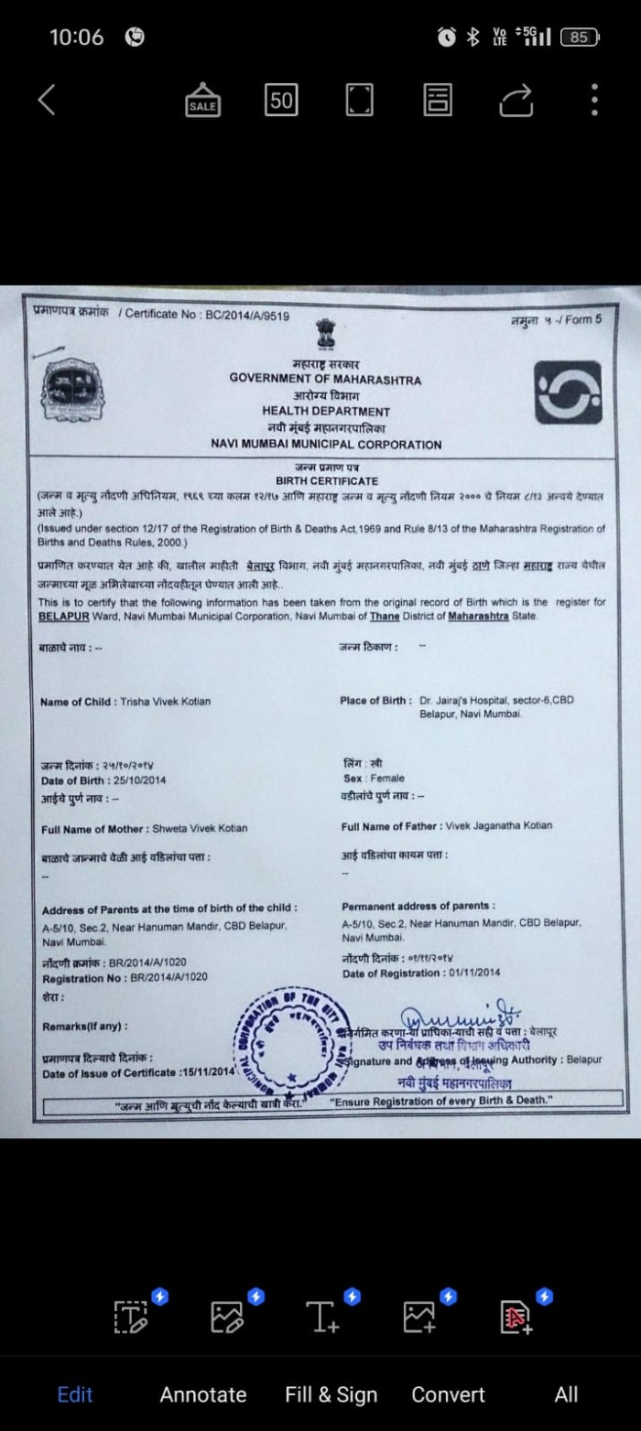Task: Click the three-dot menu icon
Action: click(x=594, y=100)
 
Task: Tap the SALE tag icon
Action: click(x=202, y=100)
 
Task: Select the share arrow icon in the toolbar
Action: click(x=516, y=100)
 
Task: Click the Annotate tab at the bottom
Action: click(x=202, y=1394)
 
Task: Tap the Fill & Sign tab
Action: click(x=331, y=1394)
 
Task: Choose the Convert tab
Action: click(x=448, y=1394)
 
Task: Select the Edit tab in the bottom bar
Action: click(x=75, y=1394)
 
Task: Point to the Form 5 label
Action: click(x=583, y=319)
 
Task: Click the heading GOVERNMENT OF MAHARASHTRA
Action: click(x=325, y=380)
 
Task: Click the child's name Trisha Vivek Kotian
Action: click(x=165, y=702)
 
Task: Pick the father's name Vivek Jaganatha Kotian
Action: click(x=499, y=825)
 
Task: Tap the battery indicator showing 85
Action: click(x=579, y=38)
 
